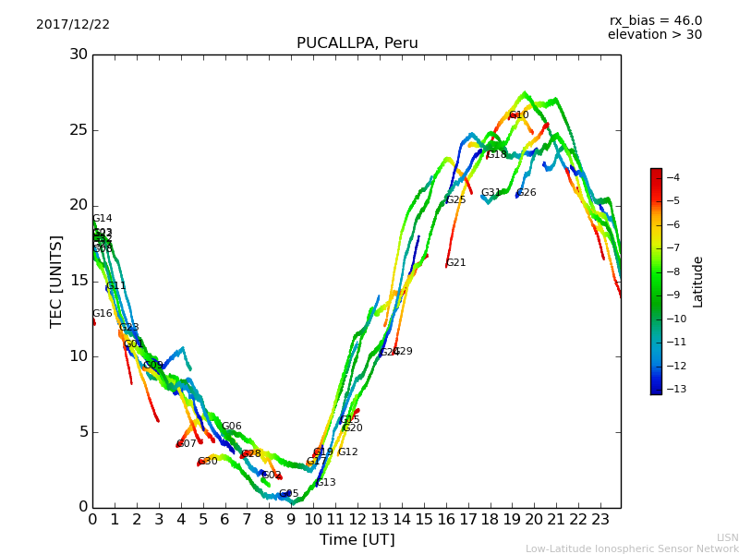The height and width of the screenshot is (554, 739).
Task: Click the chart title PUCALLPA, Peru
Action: [357, 43]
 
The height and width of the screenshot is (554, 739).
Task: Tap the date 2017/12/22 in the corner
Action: [73, 25]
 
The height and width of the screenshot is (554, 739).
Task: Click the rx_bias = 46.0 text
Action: [655, 20]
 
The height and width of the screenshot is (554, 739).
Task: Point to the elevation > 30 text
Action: [654, 35]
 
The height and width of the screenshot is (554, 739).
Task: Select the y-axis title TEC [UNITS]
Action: [56, 281]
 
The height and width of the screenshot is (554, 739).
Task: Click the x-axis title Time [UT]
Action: [357, 540]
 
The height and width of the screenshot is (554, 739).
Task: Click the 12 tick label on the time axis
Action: [357, 520]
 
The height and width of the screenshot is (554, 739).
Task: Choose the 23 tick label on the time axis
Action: [600, 520]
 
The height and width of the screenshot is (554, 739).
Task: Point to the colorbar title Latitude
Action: [698, 282]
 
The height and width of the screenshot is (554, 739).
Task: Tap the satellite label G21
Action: [455, 263]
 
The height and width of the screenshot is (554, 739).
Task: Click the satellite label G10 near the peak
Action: [518, 115]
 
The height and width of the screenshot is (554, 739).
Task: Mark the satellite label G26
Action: [526, 193]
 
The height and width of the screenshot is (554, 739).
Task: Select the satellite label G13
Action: [325, 483]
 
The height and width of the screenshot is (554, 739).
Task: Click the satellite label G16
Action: [102, 314]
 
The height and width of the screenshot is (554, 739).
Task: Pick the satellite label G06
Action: [231, 427]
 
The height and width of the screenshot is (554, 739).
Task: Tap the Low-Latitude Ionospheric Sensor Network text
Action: [632, 549]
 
